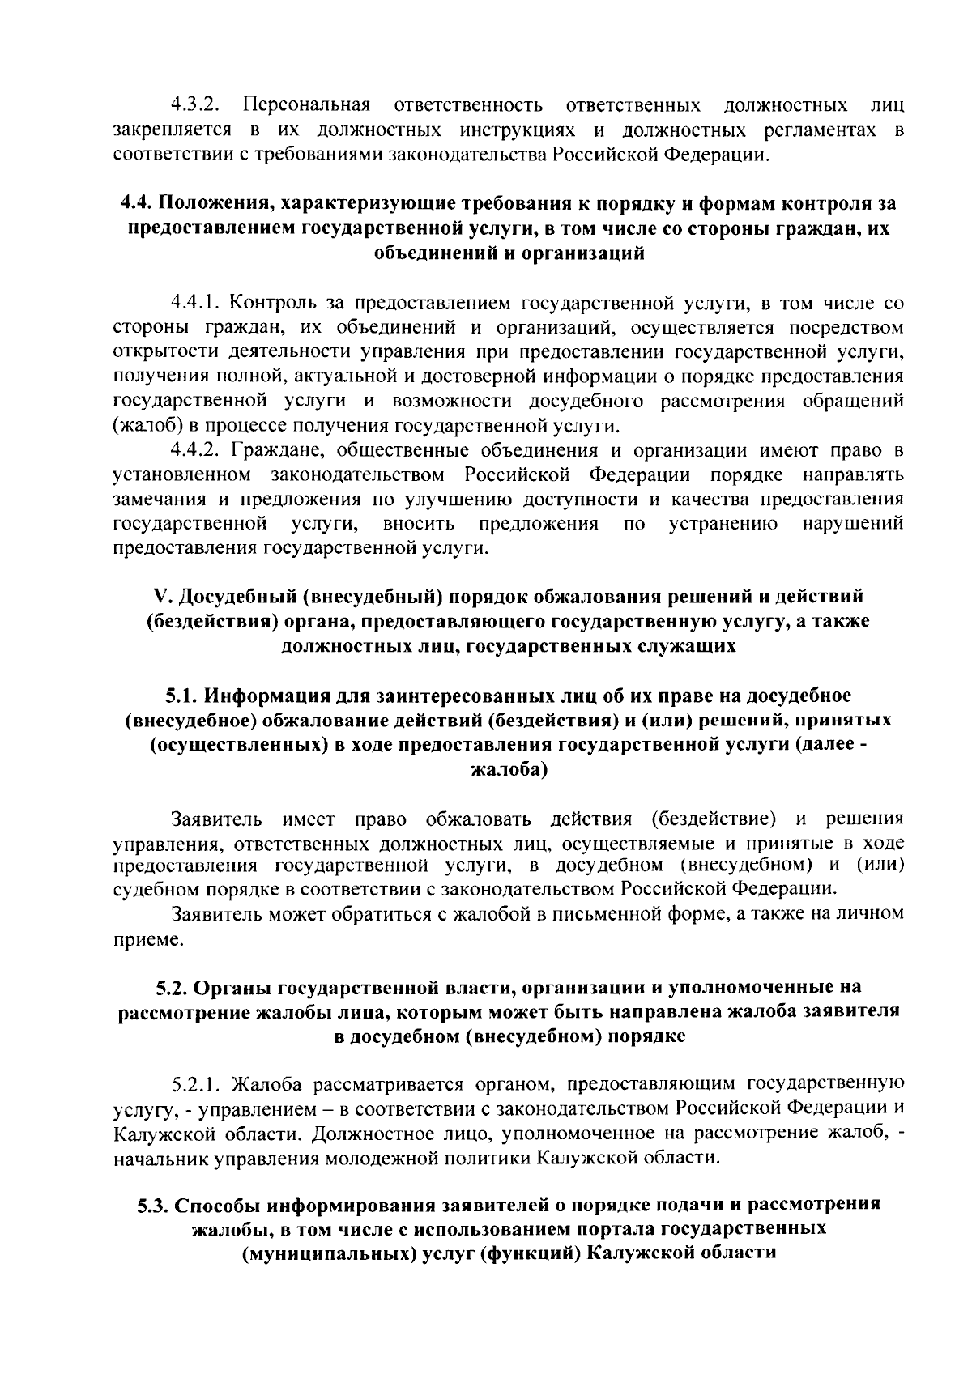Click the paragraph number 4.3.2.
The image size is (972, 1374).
click(x=195, y=105)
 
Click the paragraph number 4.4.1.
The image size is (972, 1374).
click(x=195, y=304)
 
